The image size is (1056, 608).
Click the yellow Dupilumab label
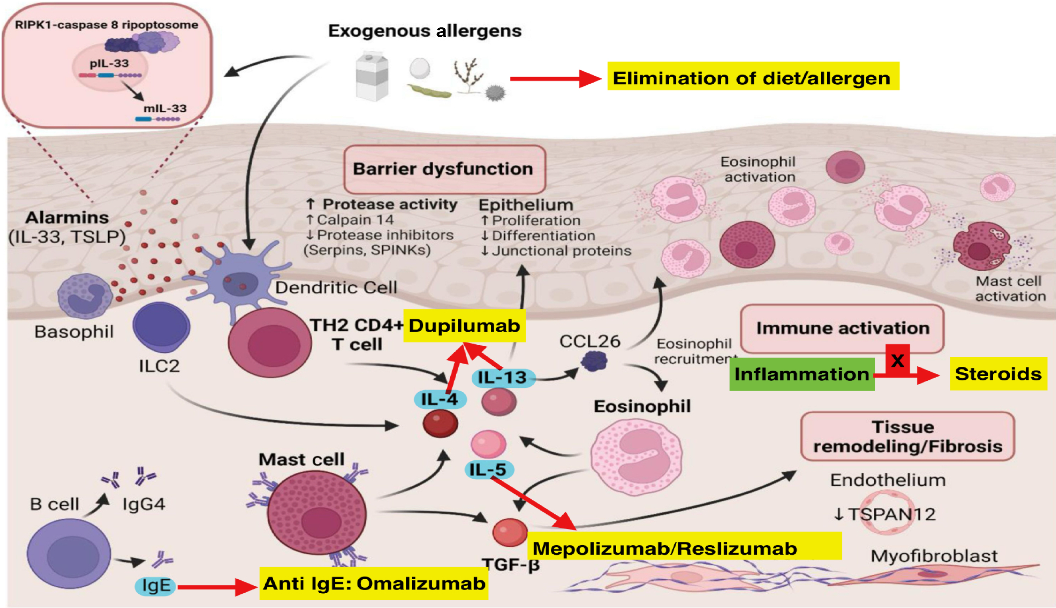[x=464, y=326]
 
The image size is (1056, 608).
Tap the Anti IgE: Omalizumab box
[x=374, y=583]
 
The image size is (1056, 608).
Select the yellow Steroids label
[x=998, y=374]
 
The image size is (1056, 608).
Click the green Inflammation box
[x=801, y=374]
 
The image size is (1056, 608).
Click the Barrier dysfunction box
[x=444, y=169]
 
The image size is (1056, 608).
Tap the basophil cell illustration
[x=85, y=296]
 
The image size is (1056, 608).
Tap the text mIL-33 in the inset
[x=165, y=109]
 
